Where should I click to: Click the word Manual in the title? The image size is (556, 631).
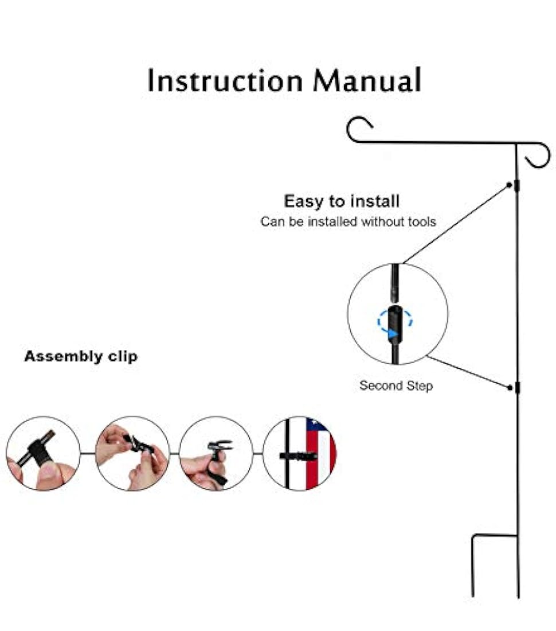(367, 81)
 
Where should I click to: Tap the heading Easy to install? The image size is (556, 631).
(342, 201)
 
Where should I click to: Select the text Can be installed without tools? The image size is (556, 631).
(348, 221)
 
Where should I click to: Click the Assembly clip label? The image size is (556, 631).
(81, 356)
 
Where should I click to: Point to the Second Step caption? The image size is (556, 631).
(396, 385)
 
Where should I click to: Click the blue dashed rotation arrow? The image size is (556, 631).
(394, 322)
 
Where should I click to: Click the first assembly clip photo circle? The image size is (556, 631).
(43, 453)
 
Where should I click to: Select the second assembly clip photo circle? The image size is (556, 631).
(132, 453)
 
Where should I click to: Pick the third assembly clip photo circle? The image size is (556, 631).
(216, 453)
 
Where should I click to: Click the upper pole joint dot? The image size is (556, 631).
(509, 185)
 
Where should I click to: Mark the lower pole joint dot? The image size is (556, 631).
(510, 388)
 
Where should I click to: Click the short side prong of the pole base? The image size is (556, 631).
(473, 565)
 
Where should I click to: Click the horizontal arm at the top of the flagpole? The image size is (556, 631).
(436, 142)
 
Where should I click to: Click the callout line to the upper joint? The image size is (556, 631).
(456, 224)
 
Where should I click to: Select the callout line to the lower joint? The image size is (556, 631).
(467, 372)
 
